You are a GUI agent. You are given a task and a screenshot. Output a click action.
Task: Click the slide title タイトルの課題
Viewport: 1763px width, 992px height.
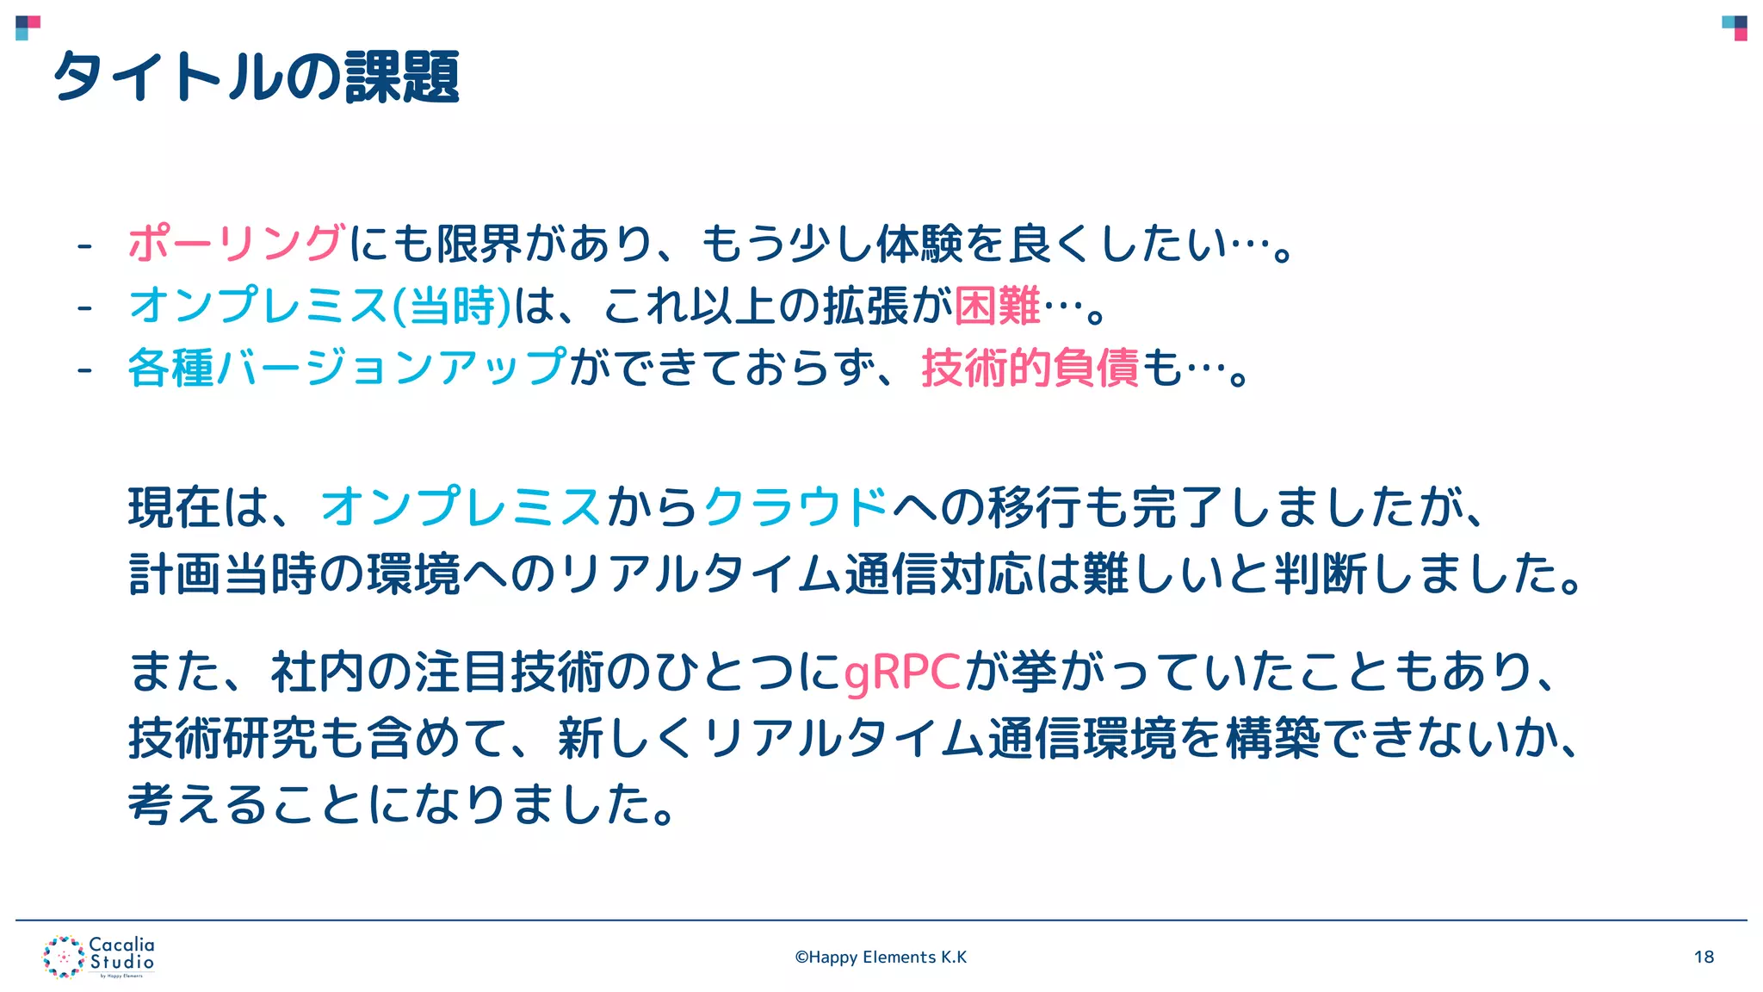click(256, 77)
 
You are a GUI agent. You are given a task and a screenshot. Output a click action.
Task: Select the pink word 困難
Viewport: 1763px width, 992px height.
click(997, 306)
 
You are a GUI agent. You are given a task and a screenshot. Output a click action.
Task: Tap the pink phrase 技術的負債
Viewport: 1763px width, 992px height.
click(1030, 369)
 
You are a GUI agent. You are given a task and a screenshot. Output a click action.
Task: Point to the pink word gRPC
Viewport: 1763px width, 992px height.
click(902, 673)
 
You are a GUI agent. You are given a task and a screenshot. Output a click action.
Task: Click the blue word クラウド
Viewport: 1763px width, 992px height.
click(795, 507)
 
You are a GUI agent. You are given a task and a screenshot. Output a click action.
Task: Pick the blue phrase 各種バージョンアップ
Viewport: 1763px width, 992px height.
click(347, 369)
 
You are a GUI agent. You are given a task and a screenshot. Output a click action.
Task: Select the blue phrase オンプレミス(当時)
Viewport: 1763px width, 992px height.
click(319, 306)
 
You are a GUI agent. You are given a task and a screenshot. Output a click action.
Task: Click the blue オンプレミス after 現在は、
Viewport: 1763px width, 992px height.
click(461, 507)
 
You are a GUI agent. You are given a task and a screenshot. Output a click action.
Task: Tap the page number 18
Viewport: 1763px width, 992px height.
click(1704, 957)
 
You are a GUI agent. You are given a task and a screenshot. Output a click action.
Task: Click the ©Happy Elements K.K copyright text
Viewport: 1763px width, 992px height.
click(881, 957)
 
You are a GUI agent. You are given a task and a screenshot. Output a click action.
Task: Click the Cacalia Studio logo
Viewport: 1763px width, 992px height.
click(99, 957)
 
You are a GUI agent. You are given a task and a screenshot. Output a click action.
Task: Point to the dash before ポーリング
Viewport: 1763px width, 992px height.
click(84, 246)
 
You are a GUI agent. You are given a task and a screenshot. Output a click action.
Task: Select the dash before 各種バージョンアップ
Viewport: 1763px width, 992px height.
click(84, 371)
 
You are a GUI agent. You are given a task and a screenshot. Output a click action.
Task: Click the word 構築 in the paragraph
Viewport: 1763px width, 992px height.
click(1272, 739)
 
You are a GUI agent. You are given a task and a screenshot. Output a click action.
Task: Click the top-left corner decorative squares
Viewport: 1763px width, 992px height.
click(28, 28)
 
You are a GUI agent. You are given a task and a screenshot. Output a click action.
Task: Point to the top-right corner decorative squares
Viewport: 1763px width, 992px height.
click(1735, 28)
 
